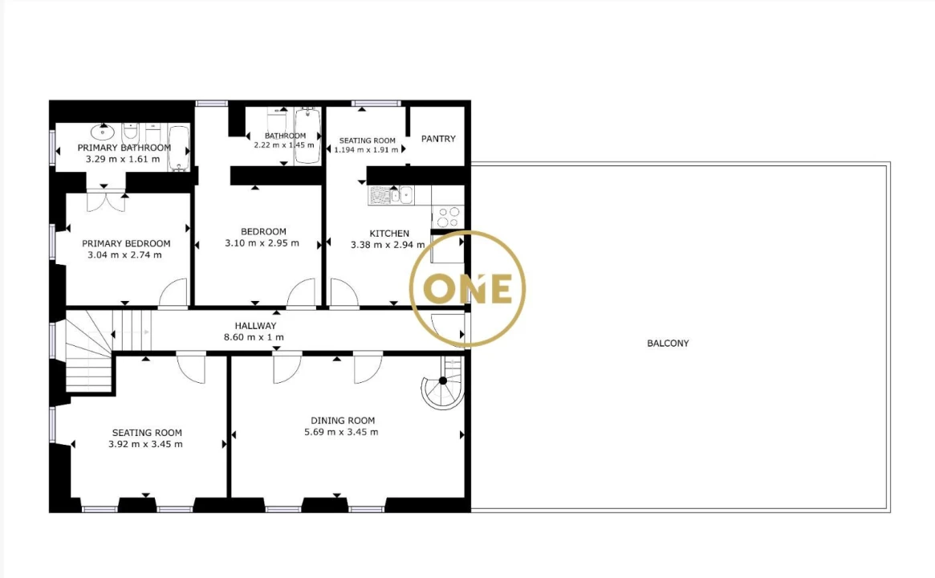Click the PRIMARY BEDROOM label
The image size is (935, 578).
pos(126,243)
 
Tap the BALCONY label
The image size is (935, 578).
pos(668,343)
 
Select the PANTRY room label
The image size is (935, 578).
pos(438,138)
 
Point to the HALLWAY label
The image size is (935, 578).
pos(255,326)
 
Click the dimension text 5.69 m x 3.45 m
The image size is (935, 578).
pos(341,432)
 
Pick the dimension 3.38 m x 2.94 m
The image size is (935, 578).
pos(388,245)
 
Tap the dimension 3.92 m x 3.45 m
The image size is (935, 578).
pos(145,444)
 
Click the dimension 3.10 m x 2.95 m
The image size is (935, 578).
pos(262,242)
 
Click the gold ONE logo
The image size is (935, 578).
pos(467,289)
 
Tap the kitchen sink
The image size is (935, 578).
pos(400,195)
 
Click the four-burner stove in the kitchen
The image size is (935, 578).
pos(448,217)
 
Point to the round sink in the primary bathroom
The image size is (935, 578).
pos(104,131)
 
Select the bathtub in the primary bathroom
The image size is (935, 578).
pos(179,148)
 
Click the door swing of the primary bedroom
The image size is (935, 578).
pos(173,293)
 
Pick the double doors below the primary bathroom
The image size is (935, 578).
pos(106,201)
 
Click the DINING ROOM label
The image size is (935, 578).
pos(343,421)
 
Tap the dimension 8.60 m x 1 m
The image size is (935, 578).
pos(254,337)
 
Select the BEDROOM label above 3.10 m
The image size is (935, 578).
pos(263,231)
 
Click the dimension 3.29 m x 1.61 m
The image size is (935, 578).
pos(123,159)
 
